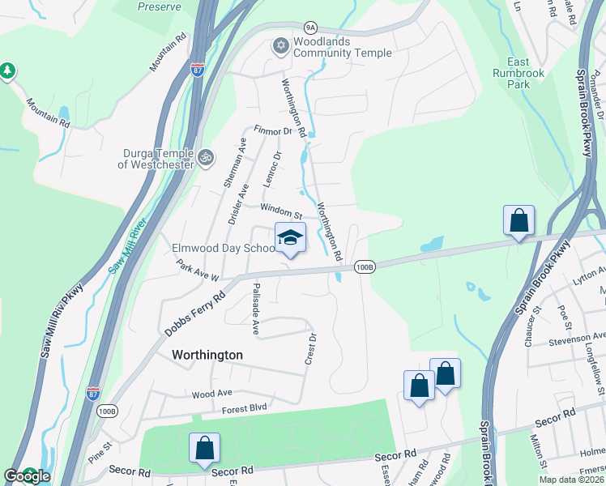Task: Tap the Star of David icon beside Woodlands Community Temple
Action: [281, 45]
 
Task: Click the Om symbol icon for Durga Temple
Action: [206, 156]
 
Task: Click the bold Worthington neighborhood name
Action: [207, 355]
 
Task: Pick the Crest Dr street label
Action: [309, 347]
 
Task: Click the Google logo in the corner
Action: [27, 476]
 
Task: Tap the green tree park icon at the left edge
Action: [8, 72]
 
